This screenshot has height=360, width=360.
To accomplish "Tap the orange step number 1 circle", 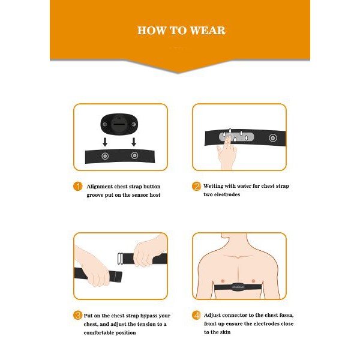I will click(77, 186).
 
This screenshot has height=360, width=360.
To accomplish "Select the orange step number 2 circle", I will click(196, 186).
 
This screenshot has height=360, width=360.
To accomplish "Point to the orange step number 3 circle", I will click(77, 315).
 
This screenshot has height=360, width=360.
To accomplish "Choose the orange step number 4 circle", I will click(196, 315).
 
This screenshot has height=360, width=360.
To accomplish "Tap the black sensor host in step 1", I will click(120, 124).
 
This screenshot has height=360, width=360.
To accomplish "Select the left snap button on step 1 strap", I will click(106, 156).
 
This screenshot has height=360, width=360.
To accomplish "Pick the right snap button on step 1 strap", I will click(134, 156).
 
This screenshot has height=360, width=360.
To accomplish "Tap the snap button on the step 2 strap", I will click(272, 137).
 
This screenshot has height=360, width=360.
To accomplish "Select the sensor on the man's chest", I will click(239, 286).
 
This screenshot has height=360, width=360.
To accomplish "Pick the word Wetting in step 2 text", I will click(216, 186).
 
